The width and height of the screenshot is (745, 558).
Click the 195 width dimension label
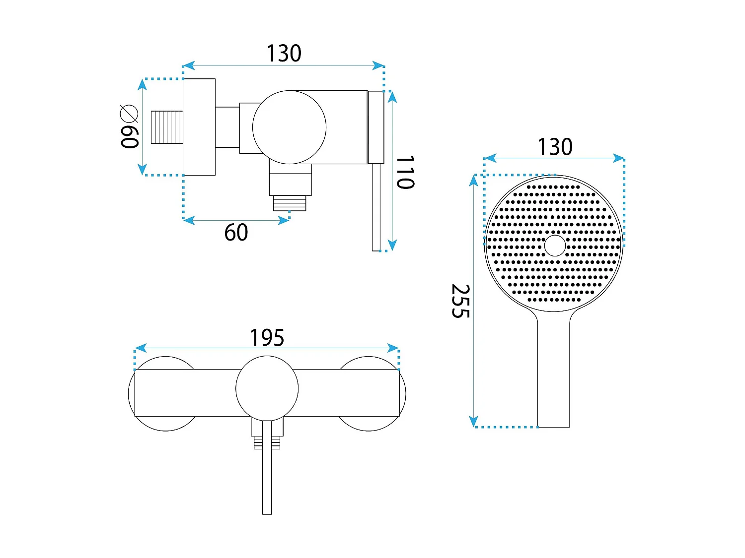(267, 337)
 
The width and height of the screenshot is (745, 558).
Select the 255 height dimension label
(460, 301)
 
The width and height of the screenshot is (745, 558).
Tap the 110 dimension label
(405, 172)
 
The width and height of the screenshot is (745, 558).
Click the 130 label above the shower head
(555, 147)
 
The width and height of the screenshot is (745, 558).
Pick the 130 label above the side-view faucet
(284, 53)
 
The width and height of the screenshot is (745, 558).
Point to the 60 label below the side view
(236, 233)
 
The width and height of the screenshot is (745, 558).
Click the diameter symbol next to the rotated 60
(129, 114)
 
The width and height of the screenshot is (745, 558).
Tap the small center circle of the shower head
(555, 246)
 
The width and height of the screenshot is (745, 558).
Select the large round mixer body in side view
(289, 127)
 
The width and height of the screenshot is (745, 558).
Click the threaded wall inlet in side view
(167, 127)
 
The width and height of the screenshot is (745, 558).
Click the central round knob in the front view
(267, 388)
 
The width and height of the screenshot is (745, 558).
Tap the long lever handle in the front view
(267, 468)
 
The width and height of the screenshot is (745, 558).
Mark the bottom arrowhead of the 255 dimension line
(473, 422)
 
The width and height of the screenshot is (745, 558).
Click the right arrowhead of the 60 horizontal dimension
(284, 221)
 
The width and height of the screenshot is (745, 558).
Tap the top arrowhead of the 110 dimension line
(392, 97)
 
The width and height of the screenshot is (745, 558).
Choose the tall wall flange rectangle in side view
(199, 127)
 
